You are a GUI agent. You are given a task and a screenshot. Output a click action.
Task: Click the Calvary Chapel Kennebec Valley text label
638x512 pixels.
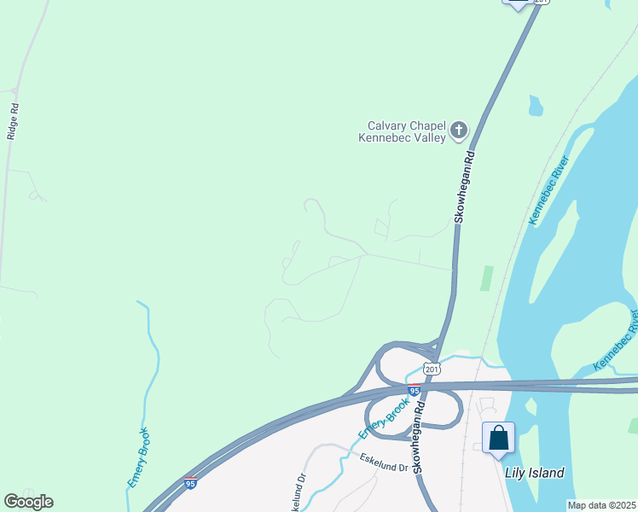tap(402, 131)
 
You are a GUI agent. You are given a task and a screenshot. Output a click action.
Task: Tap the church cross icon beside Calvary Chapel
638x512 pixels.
tap(459, 131)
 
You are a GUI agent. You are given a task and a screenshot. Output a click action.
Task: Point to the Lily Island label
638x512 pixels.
tap(535, 473)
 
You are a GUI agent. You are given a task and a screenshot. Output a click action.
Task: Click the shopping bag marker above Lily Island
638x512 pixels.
tap(499, 439)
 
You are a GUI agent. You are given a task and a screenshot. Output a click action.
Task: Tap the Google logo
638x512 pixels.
tap(28, 502)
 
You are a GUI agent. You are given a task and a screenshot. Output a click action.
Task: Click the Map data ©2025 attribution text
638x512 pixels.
tap(602, 505)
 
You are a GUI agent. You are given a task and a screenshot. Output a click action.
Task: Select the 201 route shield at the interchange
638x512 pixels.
tap(433, 369)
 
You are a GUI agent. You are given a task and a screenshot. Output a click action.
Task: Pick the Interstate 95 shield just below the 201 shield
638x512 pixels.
tap(414, 390)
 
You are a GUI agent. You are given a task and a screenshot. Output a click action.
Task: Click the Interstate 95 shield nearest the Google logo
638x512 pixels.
tap(190, 484)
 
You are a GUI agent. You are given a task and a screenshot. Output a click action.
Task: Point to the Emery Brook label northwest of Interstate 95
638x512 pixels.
tap(139, 457)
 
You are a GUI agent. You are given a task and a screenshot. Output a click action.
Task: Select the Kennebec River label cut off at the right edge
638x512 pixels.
tap(616, 342)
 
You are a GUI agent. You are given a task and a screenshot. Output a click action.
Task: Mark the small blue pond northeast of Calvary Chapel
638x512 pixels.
tap(536, 106)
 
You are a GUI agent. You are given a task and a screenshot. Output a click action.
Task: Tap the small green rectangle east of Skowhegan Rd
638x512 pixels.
tap(486, 278)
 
